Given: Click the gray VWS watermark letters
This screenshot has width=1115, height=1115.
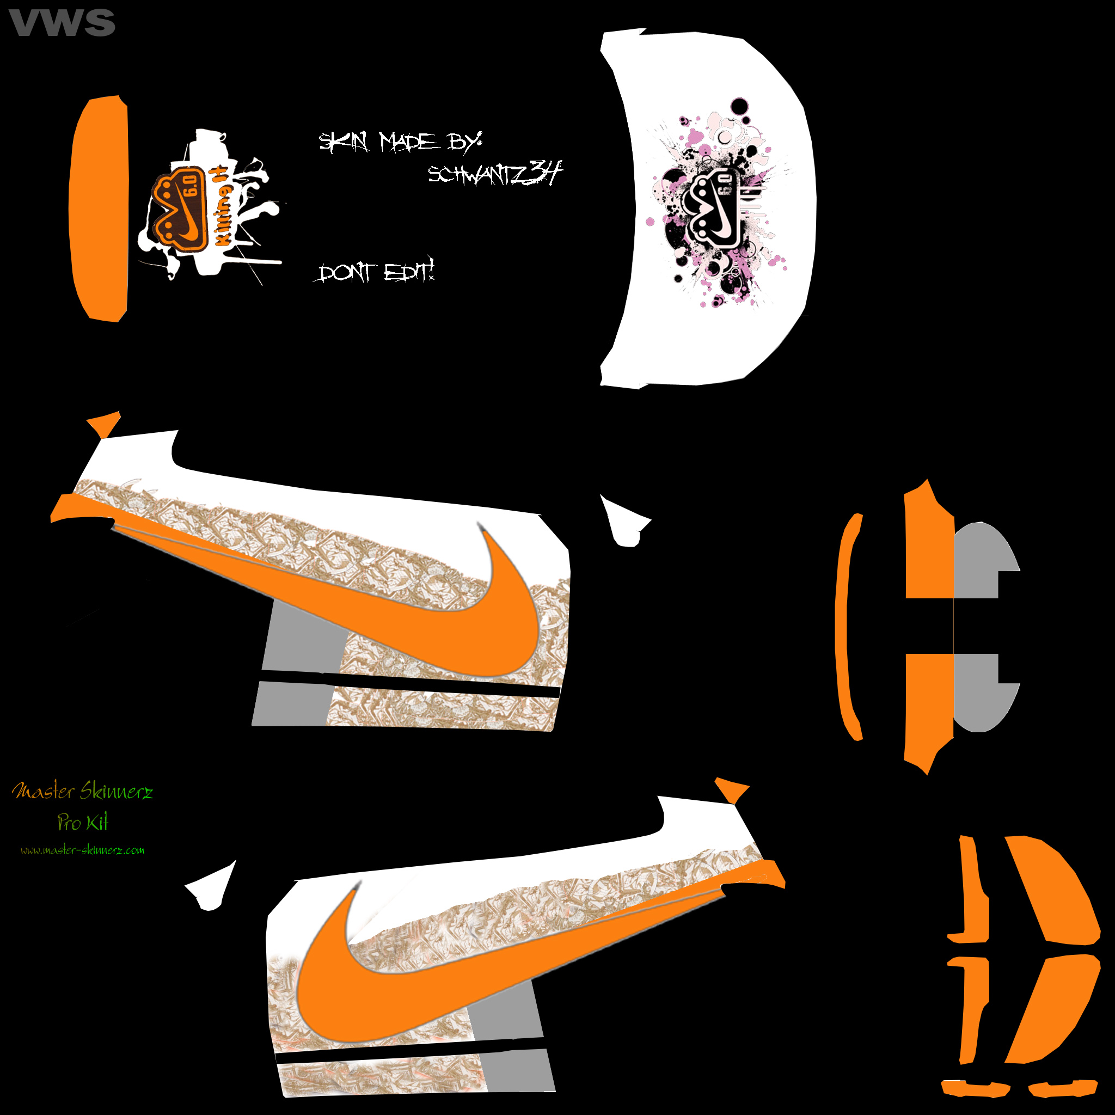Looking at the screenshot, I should [62, 23].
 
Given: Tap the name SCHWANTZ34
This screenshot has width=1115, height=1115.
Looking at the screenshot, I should [493, 173].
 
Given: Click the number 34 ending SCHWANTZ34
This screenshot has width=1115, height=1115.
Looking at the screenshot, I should [545, 171].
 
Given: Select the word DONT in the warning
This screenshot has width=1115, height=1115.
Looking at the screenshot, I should [345, 272].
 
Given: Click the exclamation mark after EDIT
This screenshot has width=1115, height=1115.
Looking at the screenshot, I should [431, 268].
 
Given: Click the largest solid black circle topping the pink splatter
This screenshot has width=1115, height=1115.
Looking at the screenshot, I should [739, 107].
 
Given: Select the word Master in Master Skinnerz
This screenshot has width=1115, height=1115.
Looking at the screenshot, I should [44, 791].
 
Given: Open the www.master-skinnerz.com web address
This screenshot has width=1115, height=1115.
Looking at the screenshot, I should [83, 850].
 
